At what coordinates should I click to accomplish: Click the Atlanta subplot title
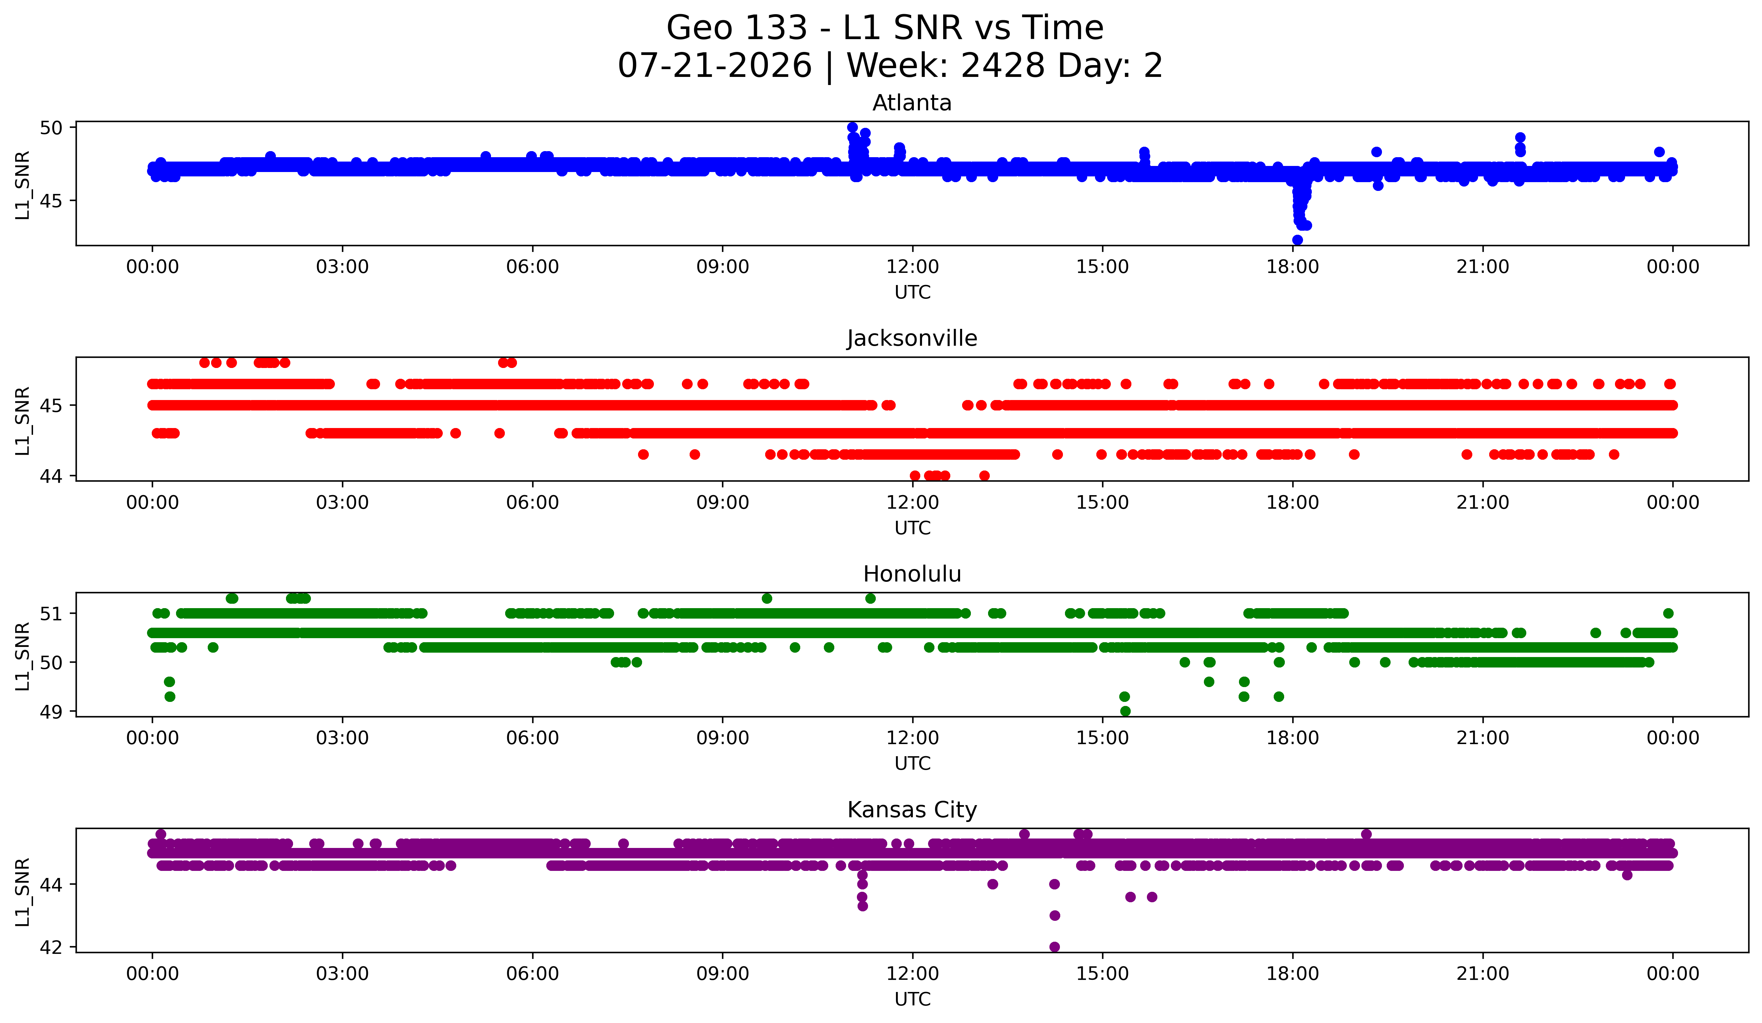(x=912, y=103)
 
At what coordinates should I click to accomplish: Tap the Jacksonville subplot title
(x=912, y=338)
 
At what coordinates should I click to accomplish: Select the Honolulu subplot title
(x=912, y=574)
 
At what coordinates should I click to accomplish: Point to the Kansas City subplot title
(x=912, y=810)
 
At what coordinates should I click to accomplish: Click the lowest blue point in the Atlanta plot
(x=1297, y=240)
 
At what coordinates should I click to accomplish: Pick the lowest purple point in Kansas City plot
(x=1055, y=947)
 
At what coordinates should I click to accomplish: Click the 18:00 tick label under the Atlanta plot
(x=1292, y=267)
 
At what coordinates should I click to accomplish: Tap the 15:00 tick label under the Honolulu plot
(x=1102, y=738)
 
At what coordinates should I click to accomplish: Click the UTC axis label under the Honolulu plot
(x=913, y=764)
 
